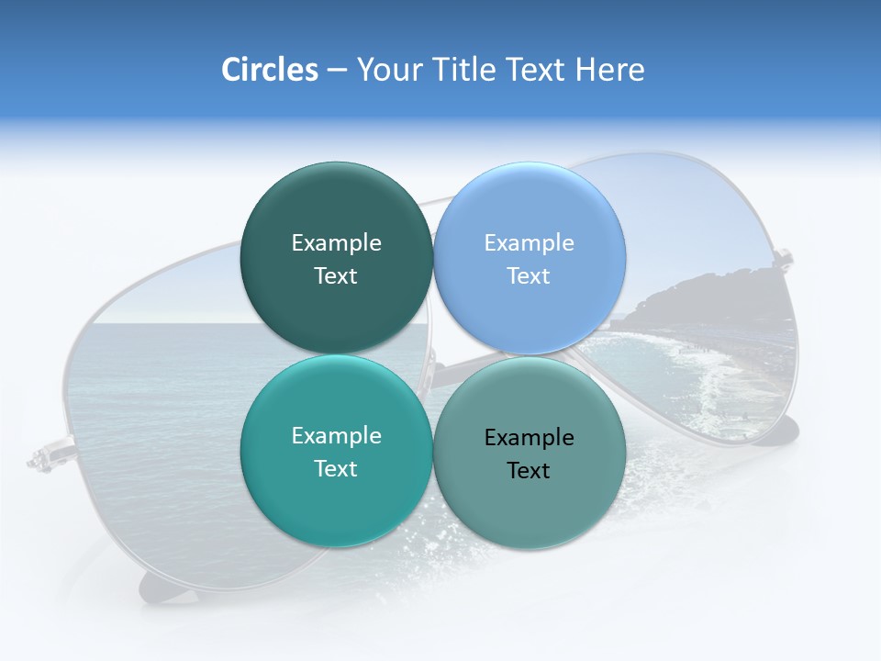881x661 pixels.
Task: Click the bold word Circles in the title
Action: pos(269,70)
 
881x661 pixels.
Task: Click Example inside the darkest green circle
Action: pos(336,242)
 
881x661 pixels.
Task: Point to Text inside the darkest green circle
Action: pos(336,275)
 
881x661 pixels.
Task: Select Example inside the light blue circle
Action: pos(530,242)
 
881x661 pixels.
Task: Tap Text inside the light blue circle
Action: pos(530,275)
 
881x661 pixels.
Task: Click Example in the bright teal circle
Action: pos(336,435)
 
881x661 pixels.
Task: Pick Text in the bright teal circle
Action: pos(336,468)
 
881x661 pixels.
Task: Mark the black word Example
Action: pos(530,437)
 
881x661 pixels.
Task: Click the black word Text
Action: pos(530,470)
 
